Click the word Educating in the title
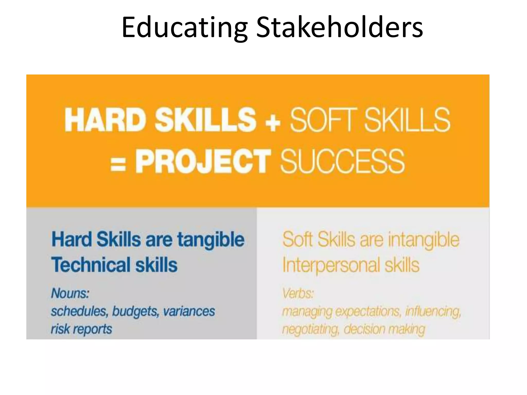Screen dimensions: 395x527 184,27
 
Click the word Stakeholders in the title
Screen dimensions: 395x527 339,27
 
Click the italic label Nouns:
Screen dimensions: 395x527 70,293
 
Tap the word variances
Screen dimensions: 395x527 189,311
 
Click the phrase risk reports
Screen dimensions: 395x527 81,329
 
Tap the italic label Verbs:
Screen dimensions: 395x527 298,293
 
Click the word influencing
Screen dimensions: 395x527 433,311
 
